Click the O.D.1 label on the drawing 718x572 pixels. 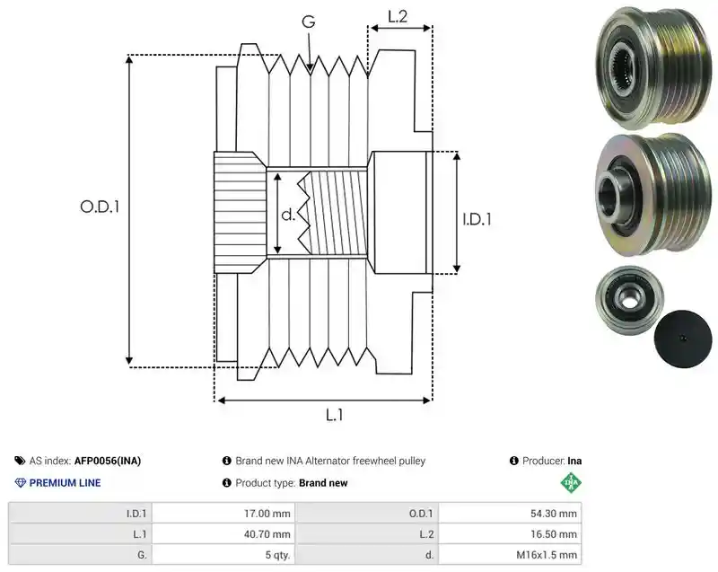[100, 207]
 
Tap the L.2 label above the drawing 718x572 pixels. [398, 16]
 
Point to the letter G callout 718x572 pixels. [309, 22]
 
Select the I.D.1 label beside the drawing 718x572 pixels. [477, 219]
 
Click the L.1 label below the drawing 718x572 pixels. [334, 415]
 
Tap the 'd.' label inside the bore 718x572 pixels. [287, 215]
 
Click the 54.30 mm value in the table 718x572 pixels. [554, 514]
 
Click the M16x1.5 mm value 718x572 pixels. [547, 555]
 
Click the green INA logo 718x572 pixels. [571, 482]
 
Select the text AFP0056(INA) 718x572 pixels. [108, 461]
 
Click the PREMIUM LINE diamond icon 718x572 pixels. [21, 483]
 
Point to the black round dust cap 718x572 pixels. [683, 339]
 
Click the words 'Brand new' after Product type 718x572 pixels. [323, 483]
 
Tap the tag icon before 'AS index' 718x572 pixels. [20, 461]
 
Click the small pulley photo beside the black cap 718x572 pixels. [630, 300]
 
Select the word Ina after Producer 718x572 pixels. [574, 461]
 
